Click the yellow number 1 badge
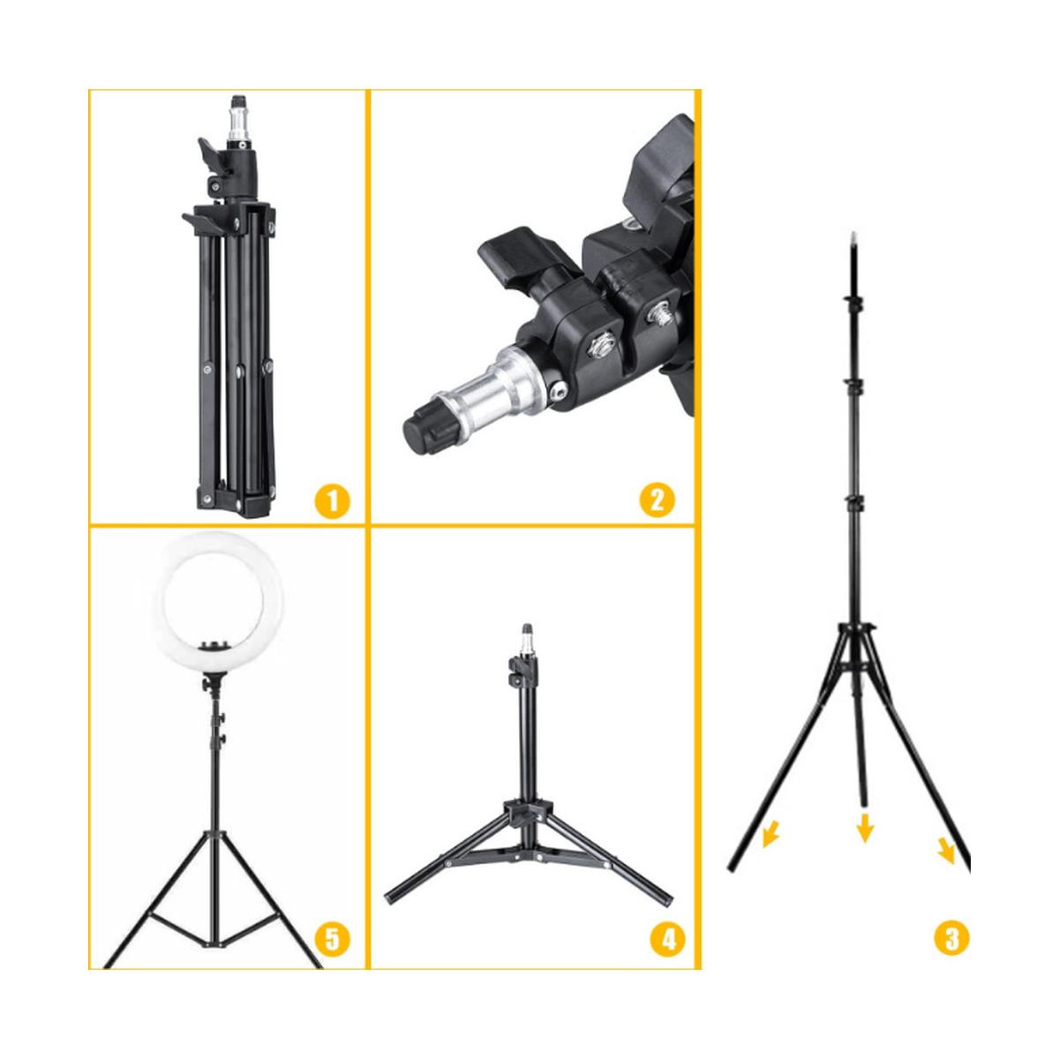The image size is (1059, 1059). click(332, 500)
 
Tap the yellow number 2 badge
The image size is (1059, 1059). click(657, 499)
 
